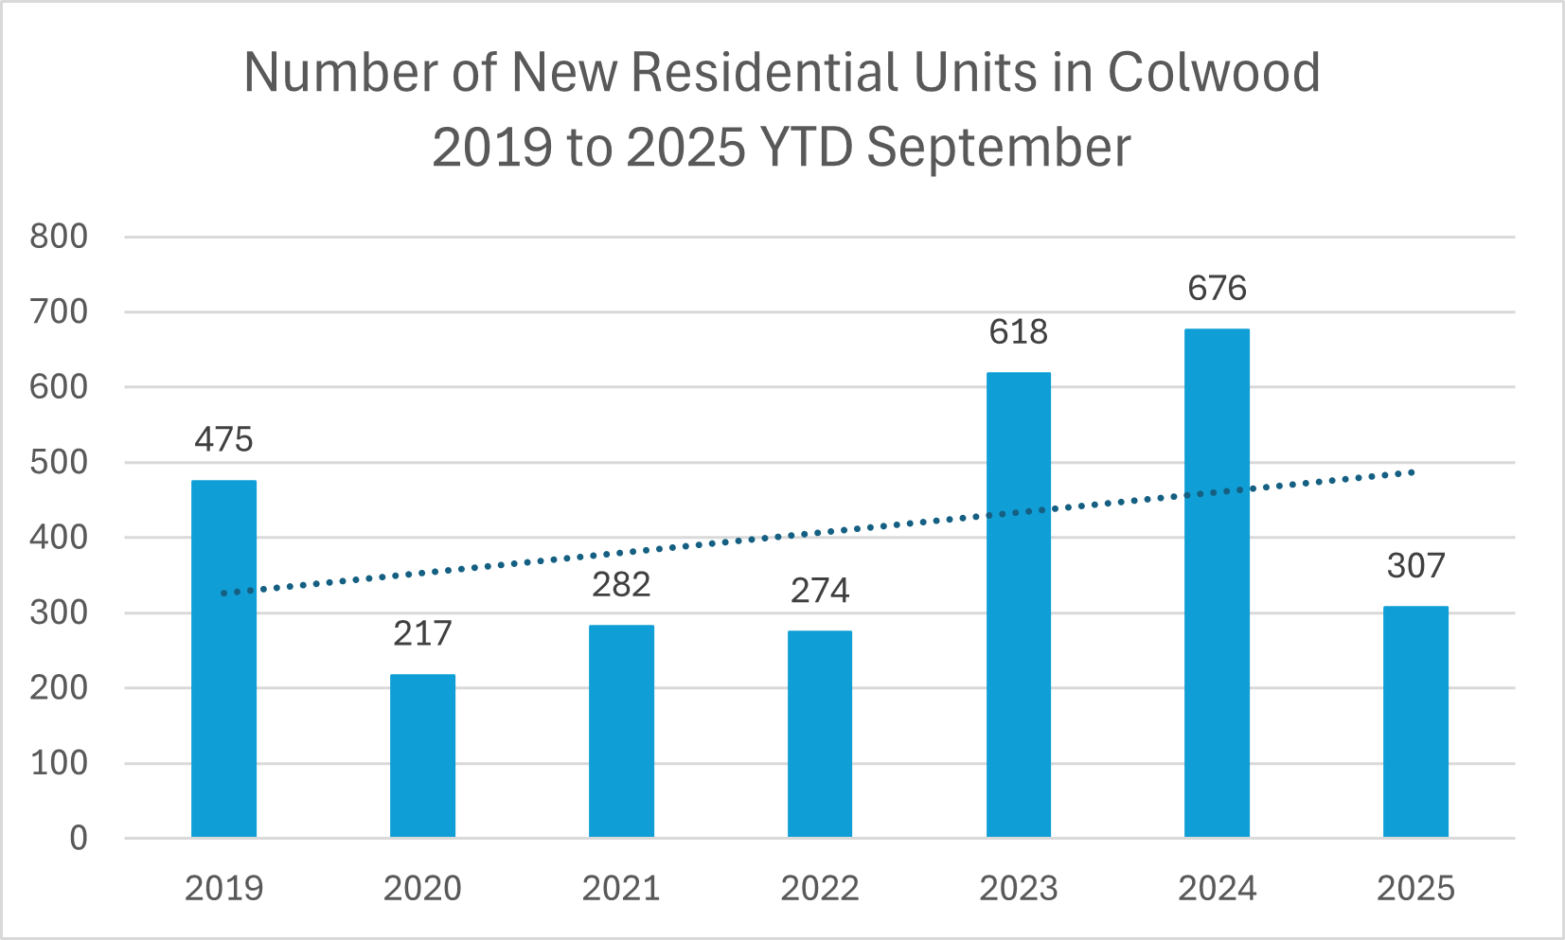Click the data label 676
click(1217, 288)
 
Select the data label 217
click(422, 633)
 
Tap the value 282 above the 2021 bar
click(621, 584)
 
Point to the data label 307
click(1415, 566)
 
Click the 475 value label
click(223, 439)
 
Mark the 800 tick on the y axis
click(59, 237)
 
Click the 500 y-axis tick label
click(59, 463)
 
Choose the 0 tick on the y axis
click(78, 839)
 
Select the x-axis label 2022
click(819, 889)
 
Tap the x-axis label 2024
click(1217, 889)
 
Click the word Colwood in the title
click(1214, 72)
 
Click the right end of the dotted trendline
click(1411, 471)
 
